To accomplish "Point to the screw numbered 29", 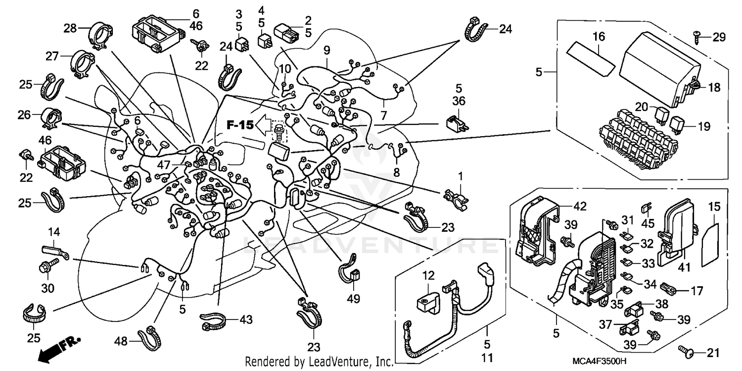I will pos(696,35).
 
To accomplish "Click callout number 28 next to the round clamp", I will pos(70,28).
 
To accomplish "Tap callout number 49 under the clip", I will pos(354,299).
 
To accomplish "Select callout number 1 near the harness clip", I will pos(461,175).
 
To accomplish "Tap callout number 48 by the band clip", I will pos(122,340).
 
